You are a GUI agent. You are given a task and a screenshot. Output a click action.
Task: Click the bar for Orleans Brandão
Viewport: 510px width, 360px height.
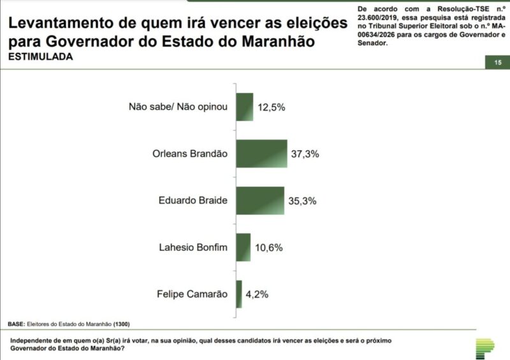click(x=261, y=154)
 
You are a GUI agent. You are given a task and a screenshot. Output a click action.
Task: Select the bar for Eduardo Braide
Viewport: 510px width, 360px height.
click(x=259, y=200)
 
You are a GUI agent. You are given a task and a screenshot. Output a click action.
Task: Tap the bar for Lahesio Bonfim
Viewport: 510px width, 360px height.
click(x=243, y=247)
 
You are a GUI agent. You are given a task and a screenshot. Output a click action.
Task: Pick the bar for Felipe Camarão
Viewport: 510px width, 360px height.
click(x=239, y=294)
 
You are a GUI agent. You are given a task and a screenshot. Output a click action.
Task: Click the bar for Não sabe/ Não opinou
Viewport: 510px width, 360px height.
click(x=245, y=106)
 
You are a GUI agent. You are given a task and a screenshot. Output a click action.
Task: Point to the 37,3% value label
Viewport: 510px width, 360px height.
click(x=305, y=154)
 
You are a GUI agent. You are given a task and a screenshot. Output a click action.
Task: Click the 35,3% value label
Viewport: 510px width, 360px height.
click(x=302, y=201)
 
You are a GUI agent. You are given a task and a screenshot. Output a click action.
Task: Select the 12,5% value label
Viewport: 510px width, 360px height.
click(x=271, y=107)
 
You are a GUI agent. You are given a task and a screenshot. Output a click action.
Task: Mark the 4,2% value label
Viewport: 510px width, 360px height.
click(x=257, y=294)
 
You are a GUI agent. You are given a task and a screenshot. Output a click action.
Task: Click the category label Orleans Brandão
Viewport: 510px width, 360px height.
click(x=190, y=154)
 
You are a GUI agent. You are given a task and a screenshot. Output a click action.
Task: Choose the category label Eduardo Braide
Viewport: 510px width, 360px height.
click(x=193, y=200)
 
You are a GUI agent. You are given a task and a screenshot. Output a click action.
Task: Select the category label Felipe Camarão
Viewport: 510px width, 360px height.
click(x=192, y=294)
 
